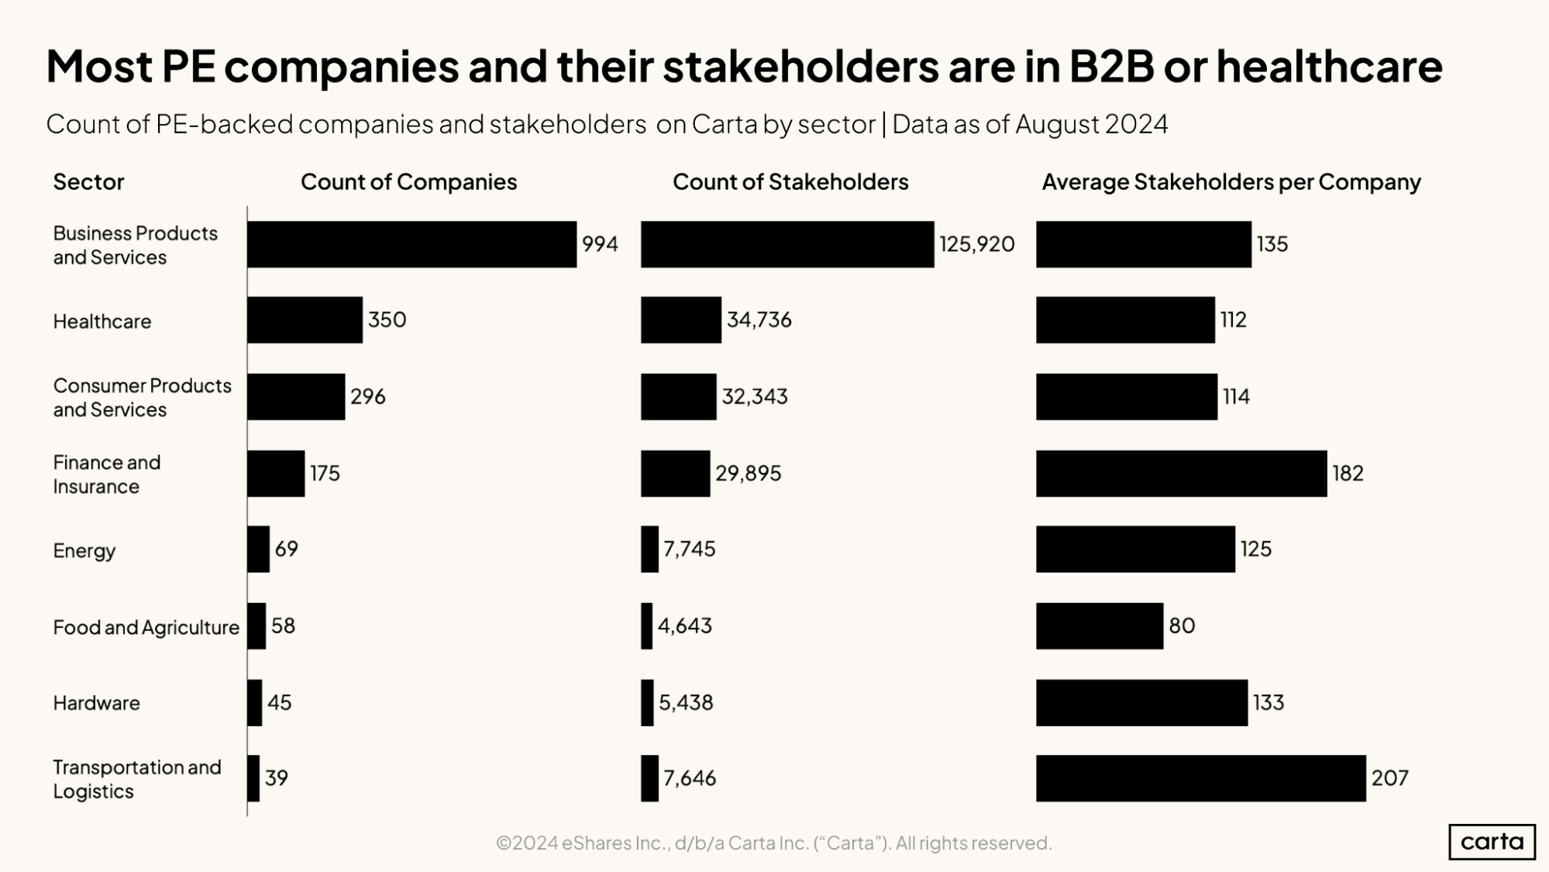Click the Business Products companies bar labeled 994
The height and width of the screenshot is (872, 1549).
[x=411, y=244]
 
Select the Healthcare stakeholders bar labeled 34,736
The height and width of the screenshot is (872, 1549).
[x=680, y=319]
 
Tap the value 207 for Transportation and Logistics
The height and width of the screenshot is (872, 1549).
[x=1389, y=778]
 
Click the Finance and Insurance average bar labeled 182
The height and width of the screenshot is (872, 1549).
[x=1181, y=473]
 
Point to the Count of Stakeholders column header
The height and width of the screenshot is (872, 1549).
[x=790, y=182]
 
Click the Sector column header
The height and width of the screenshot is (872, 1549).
[x=88, y=182]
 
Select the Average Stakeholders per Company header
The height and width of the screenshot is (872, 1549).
[x=1231, y=182]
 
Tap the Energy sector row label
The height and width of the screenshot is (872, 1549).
[x=84, y=550]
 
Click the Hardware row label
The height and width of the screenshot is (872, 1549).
[x=96, y=703]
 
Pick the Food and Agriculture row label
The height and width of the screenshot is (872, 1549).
[x=146, y=627]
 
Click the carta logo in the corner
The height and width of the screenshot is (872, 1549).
[x=1491, y=842]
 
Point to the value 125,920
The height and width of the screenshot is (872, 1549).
[x=976, y=244]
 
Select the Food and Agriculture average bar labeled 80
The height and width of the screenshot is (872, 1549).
[x=1099, y=626]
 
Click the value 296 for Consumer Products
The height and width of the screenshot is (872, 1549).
[x=367, y=397]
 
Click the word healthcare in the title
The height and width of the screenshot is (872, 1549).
[x=1329, y=67]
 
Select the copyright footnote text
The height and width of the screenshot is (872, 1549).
[x=773, y=843]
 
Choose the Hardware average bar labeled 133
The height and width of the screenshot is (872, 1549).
[x=1141, y=702]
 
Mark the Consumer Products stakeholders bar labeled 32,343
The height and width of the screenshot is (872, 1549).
[x=678, y=397]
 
